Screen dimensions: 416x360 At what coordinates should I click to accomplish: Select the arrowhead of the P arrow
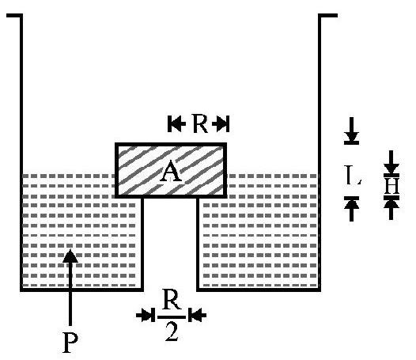pyautogui.click(x=70, y=256)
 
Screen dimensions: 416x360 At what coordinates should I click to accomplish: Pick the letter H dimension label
pyautogui.click(x=391, y=186)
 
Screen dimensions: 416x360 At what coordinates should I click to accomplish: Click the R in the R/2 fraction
pyautogui.click(x=172, y=301)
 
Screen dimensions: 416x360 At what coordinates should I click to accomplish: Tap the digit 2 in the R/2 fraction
pyautogui.click(x=172, y=332)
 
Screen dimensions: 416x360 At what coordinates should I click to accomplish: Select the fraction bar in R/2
pyautogui.click(x=172, y=317)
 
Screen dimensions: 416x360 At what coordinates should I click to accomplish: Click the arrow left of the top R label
pyautogui.click(x=176, y=123)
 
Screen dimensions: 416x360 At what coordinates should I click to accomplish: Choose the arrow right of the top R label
pyautogui.click(x=221, y=123)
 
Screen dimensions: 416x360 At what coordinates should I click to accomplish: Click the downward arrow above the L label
pyautogui.click(x=351, y=131)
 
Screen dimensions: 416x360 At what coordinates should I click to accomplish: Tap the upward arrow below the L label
pyautogui.click(x=351, y=209)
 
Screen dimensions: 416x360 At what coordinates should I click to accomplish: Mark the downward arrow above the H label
pyautogui.click(x=391, y=163)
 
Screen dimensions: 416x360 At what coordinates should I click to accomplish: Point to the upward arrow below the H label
pyautogui.click(x=391, y=208)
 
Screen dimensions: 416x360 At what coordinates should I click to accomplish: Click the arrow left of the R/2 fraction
pyautogui.click(x=146, y=315)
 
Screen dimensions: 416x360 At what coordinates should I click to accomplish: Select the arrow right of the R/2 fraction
pyautogui.click(x=197, y=315)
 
